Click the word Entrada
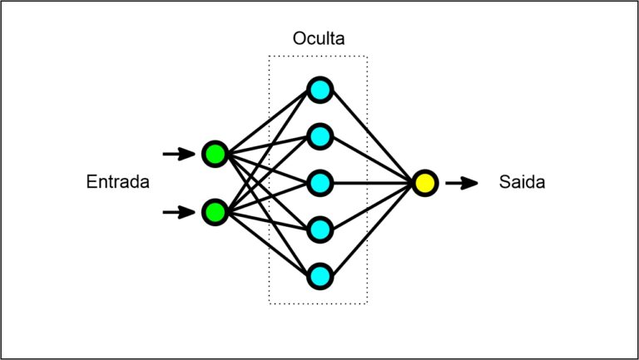(x=117, y=182)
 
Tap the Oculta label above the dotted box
(x=318, y=39)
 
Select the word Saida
(x=522, y=182)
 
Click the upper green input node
(x=215, y=154)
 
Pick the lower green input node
(x=215, y=212)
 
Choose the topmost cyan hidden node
(x=319, y=90)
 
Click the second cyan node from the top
(x=319, y=136)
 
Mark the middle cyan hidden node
(x=319, y=182)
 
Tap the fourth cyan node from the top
(x=319, y=229)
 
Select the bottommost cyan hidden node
(x=319, y=275)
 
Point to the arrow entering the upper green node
(x=177, y=154)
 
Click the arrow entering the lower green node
(x=177, y=212)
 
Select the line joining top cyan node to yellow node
(x=372, y=136)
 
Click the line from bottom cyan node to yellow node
(x=372, y=229)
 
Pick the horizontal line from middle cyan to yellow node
(x=372, y=182)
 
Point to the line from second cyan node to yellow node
(x=372, y=160)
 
